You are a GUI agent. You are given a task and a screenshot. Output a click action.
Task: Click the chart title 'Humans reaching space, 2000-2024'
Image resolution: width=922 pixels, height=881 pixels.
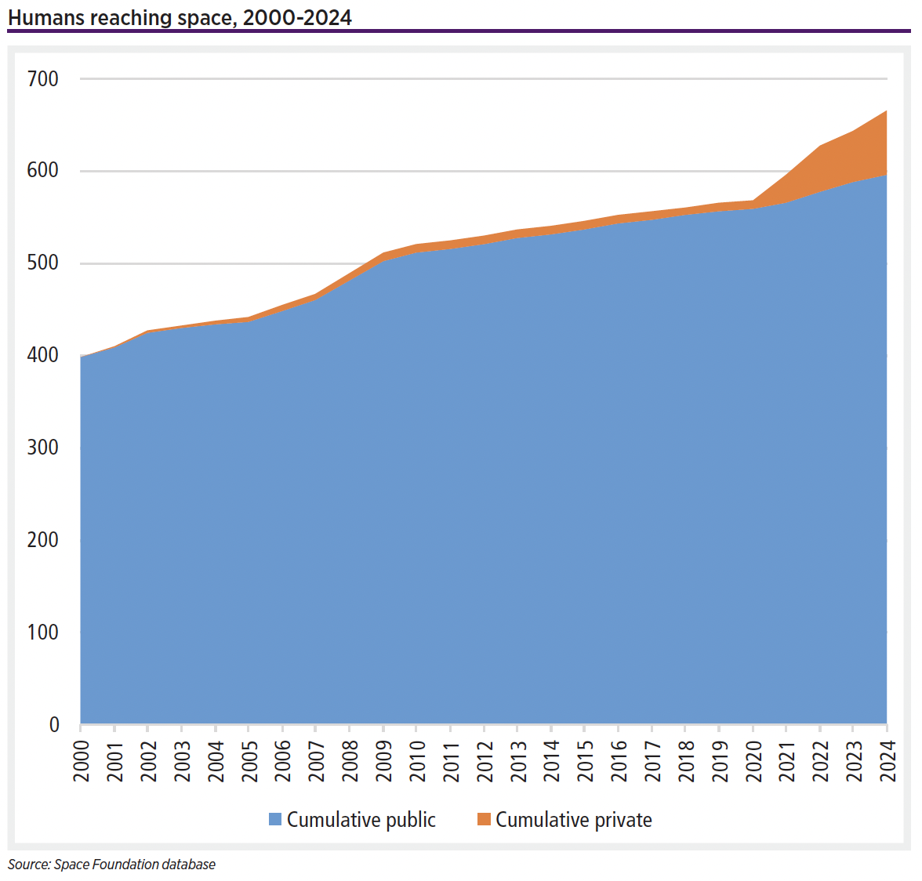click(180, 17)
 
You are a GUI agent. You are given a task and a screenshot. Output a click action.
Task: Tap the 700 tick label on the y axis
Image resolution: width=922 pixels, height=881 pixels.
click(42, 78)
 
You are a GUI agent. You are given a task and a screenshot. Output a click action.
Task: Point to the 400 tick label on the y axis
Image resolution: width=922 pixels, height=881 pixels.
click(42, 355)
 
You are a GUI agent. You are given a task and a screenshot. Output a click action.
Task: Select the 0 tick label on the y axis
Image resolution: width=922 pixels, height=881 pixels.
click(54, 724)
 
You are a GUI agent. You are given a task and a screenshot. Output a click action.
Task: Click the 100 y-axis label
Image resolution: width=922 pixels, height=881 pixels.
click(42, 632)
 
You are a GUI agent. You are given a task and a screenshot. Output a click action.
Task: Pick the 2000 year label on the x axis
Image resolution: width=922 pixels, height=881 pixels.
click(82, 761)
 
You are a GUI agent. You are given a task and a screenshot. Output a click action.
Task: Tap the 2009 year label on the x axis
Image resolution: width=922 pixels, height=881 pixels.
click(384, 761)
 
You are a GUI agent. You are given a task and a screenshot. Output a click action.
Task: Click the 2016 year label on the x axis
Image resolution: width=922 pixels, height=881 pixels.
click(619, 761)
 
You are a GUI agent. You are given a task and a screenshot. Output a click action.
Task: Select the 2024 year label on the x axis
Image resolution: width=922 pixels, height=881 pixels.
click(888, 761)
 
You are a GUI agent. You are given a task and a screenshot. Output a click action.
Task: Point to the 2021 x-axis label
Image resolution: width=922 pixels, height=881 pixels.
click(787, 761)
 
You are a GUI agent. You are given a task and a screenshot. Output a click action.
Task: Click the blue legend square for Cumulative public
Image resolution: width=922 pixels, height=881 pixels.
click(275, 819)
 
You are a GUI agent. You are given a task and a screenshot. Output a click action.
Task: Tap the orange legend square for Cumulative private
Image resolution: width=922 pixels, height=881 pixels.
click(484, 819)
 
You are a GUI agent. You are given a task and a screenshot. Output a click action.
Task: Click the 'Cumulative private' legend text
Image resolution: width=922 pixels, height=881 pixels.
click(573, 820)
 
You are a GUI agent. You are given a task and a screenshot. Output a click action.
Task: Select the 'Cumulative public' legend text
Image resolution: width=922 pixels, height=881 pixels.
click(361, 820)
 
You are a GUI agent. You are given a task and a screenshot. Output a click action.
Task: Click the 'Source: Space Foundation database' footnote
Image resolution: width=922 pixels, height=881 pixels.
click(111, 865)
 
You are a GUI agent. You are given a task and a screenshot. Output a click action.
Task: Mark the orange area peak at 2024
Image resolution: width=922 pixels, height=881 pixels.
click(886, 112)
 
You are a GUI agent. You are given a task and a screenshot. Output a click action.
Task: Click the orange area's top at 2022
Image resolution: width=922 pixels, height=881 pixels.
click(820, 147)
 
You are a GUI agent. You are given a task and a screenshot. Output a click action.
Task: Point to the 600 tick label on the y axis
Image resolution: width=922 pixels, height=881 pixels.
click(42, 170)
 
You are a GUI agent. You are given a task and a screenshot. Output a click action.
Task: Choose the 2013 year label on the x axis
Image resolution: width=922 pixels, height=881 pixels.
click(518, 761)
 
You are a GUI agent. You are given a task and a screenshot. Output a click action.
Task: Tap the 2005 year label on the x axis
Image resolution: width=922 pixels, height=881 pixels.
click(249, 761)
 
